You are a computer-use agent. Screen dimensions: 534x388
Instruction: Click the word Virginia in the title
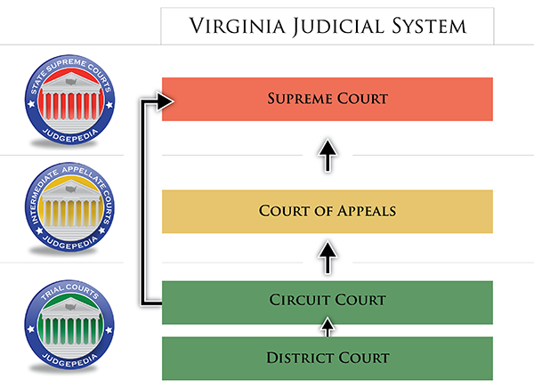pyautogui.click(x=238, y=26)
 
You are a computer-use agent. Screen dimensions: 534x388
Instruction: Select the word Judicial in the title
pyautogui.click(x=338, y=27)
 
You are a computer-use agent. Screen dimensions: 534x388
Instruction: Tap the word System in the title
pyautogui.click(x=429, y=26)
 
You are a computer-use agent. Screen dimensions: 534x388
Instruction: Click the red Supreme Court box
pyautogui.click(x=328, y=99)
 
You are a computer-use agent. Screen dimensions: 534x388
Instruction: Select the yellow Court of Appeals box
pyautogui.click(x=328, y=212)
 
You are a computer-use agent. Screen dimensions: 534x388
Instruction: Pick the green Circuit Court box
pyautogui.click(x=328, y=303)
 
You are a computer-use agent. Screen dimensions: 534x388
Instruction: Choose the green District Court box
pyautogui.click(x=328, y=359)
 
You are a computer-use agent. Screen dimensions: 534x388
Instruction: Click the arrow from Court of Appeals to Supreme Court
pyautogui.click(x=328, y=156)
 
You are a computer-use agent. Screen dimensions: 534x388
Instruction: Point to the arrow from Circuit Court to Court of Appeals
pyautogui.click(x=328, y=257)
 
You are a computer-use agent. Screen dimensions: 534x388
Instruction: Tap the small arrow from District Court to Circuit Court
pyautogui.click(x=328, y=327)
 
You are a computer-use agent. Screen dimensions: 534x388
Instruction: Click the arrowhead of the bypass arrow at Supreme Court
pyautogui.click(x=166, y=101)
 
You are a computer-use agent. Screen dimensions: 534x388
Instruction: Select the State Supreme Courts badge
pyautogui.click(x=69, y=100)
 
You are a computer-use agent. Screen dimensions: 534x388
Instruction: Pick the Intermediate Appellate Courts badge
pyautogui.click(x=69, y=207)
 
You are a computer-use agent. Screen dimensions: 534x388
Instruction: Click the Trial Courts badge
pyautogui.click(x=69, y=325)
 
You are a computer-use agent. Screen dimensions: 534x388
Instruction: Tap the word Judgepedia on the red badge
pyautogui.click(x=69, y=136)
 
